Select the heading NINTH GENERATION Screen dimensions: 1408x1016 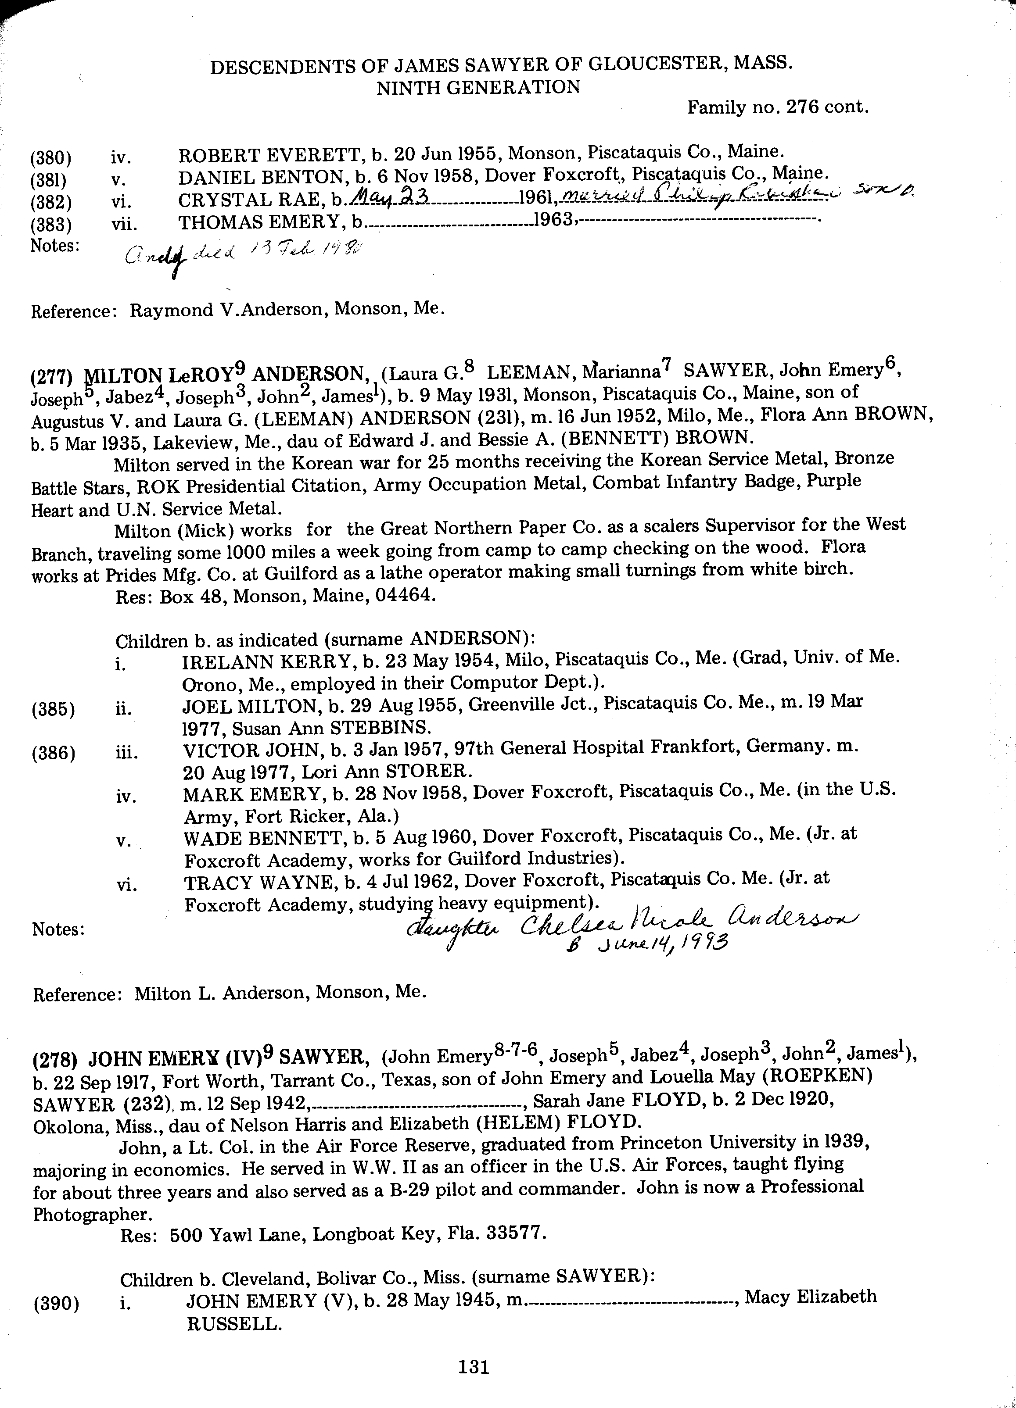[478, 88]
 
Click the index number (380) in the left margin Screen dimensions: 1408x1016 [51, 158]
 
